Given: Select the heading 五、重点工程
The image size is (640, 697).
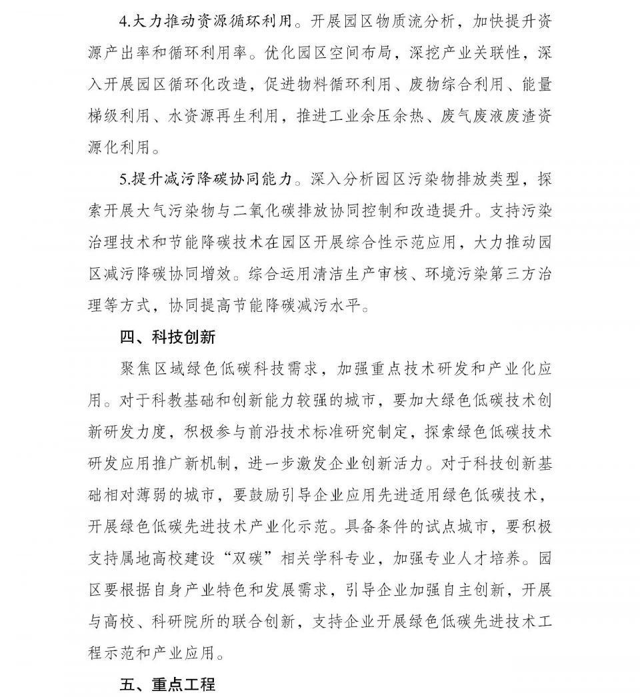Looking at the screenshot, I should point(167,684).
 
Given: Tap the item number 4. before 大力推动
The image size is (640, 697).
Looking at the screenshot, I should point(123,22).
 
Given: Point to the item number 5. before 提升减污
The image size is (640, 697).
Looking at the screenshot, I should point(123,181).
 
